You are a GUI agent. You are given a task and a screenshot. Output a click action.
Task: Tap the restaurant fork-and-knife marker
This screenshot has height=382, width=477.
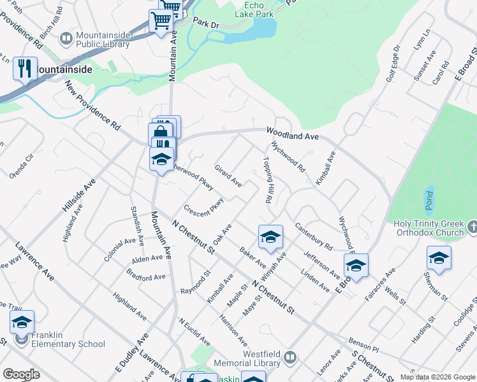[x=24, y=69]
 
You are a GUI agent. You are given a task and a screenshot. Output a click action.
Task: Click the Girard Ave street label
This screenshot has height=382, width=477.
[x=228, y=174]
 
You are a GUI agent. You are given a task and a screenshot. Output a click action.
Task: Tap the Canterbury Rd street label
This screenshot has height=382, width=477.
[x=314, y=236]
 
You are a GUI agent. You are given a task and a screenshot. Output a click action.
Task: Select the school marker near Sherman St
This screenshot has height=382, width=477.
[x=439, y=258]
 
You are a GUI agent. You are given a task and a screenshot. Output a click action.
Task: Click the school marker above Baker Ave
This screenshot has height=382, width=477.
[x=270, y=237]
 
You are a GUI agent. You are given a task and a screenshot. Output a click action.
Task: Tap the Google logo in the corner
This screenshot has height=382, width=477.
[x=22, y=374]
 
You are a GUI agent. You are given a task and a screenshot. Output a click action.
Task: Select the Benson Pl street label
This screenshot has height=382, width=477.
[x=363, y=345]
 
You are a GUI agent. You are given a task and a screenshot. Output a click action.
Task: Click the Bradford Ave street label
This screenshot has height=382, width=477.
[x=146, y=277]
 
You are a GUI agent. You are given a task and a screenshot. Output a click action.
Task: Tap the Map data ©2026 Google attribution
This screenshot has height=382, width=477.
[x=437, y=377]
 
